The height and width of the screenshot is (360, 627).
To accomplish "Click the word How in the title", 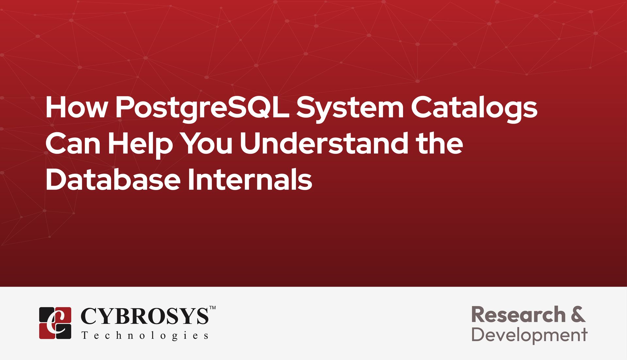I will tap(76, 108).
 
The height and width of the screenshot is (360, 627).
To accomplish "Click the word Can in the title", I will tap(73, 144).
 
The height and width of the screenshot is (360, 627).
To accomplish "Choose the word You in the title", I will tap(207, 144).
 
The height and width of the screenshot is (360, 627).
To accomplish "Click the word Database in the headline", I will tap(113, 180).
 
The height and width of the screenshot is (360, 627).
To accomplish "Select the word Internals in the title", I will tap(250, 180).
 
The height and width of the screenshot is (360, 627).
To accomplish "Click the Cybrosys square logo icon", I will tap(55, 323).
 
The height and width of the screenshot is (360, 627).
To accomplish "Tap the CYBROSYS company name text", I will tap(144, 316).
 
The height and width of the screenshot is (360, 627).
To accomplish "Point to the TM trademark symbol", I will tap(212, 307).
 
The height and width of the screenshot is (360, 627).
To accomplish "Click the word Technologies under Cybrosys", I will tap(145, 336).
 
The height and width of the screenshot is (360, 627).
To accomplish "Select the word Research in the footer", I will tap(518, 315).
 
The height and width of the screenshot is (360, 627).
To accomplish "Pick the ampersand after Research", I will tap(578, 315).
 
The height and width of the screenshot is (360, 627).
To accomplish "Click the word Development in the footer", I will tap(529, 335).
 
